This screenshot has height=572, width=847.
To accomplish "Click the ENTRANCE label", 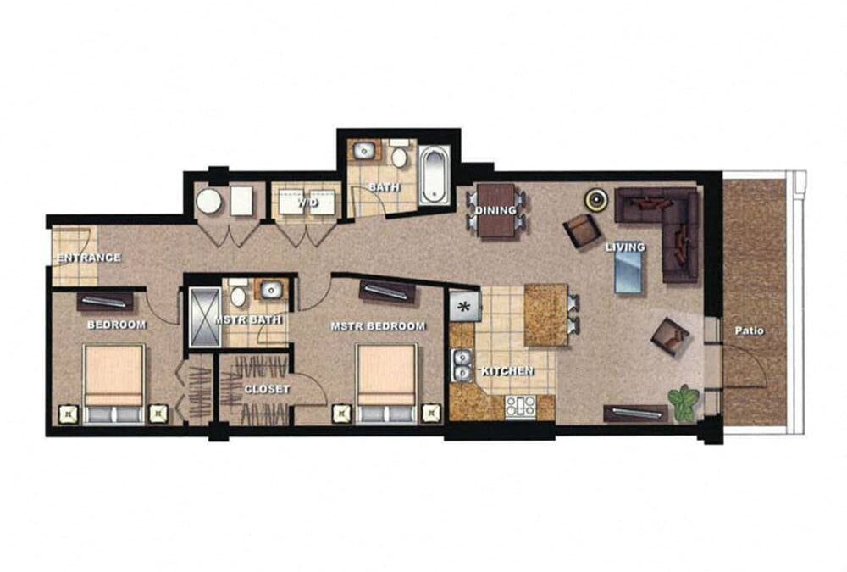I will (88, 258).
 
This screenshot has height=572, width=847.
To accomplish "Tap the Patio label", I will (750, 331).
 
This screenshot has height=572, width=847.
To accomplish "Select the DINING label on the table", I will (495, 211).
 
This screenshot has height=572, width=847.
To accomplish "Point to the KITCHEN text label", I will (507, 371).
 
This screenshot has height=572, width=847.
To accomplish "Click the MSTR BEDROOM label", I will (378, 326).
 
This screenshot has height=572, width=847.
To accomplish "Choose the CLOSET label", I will (267, 389).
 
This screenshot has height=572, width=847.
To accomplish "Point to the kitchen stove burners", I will (519, 406).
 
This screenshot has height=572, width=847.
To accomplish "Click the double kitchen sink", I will (462, 366).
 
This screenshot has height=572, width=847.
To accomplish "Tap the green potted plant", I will (682, 400).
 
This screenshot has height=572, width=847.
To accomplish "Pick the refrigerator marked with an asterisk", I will (465, 306).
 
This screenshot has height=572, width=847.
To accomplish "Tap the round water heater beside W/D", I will (208, 202).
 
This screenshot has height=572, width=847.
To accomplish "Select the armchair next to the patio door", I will (670, 336).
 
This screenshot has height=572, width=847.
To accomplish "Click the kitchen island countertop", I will (545, 314).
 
